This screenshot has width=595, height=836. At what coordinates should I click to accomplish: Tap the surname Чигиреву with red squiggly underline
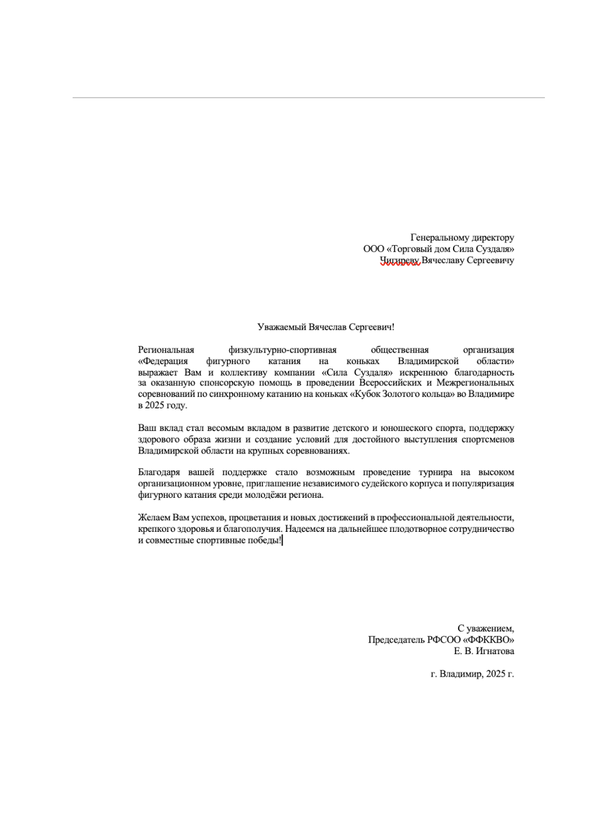(400, 260)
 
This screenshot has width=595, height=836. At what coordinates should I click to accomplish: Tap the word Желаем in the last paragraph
(154, 518)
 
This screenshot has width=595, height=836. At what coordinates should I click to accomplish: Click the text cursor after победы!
(283, 541)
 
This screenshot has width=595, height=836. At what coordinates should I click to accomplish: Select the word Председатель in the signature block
(396, 640)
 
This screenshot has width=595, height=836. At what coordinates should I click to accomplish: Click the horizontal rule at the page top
(308, 98)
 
